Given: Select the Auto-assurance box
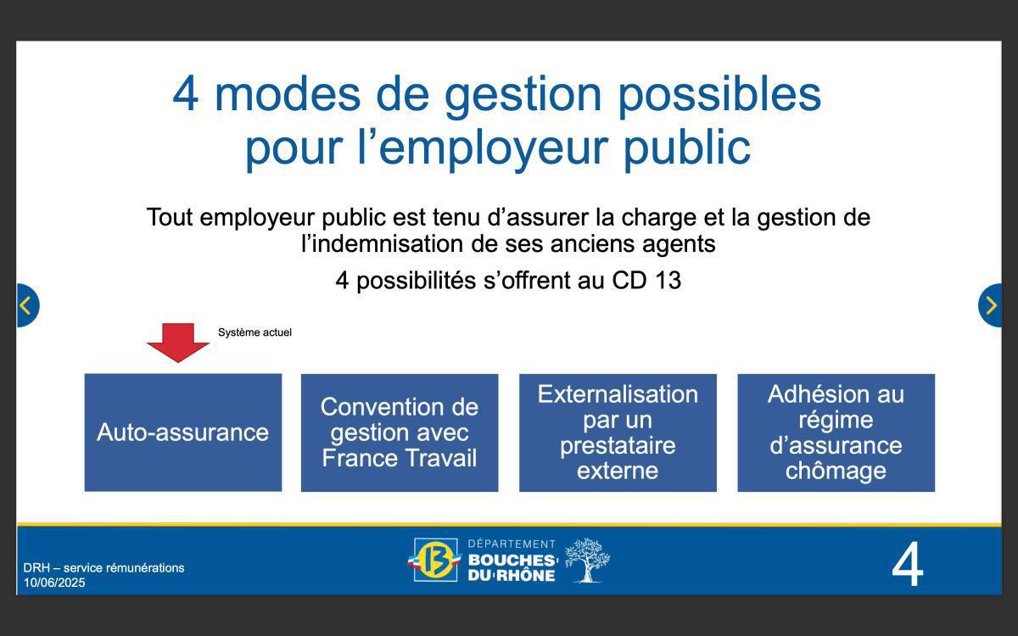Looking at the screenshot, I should point(182,432).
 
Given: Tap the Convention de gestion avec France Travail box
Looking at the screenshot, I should point(400,432).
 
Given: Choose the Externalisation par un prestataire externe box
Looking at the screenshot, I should point(618,432).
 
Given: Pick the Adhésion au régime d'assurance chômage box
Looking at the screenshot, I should point(836,432).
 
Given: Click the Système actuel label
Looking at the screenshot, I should point(255,332).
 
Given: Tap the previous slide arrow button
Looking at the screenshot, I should point(26,305).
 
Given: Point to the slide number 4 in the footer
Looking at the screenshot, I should point(907,566).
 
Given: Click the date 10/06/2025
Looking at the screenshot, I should point(54,583).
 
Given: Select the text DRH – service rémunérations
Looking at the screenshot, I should point(103,568).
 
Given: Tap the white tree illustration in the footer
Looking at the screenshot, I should point(586,560).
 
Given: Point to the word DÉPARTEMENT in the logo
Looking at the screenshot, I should point(512,544).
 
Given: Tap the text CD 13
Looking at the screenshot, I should point(646,281).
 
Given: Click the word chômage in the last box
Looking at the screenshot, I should point(836,471).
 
